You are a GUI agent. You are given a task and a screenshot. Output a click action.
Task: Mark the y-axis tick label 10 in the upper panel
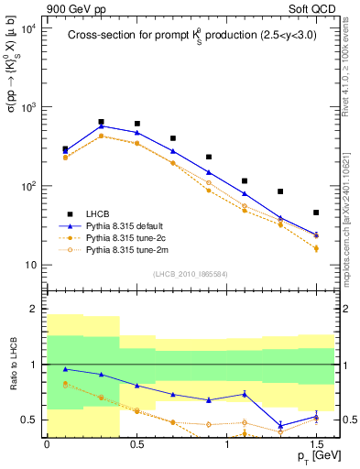[x=29, y=266]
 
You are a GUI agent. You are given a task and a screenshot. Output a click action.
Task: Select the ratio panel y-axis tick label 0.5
[x=29, y=420]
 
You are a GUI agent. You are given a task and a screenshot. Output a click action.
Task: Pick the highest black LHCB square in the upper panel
[x=101, y=121]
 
